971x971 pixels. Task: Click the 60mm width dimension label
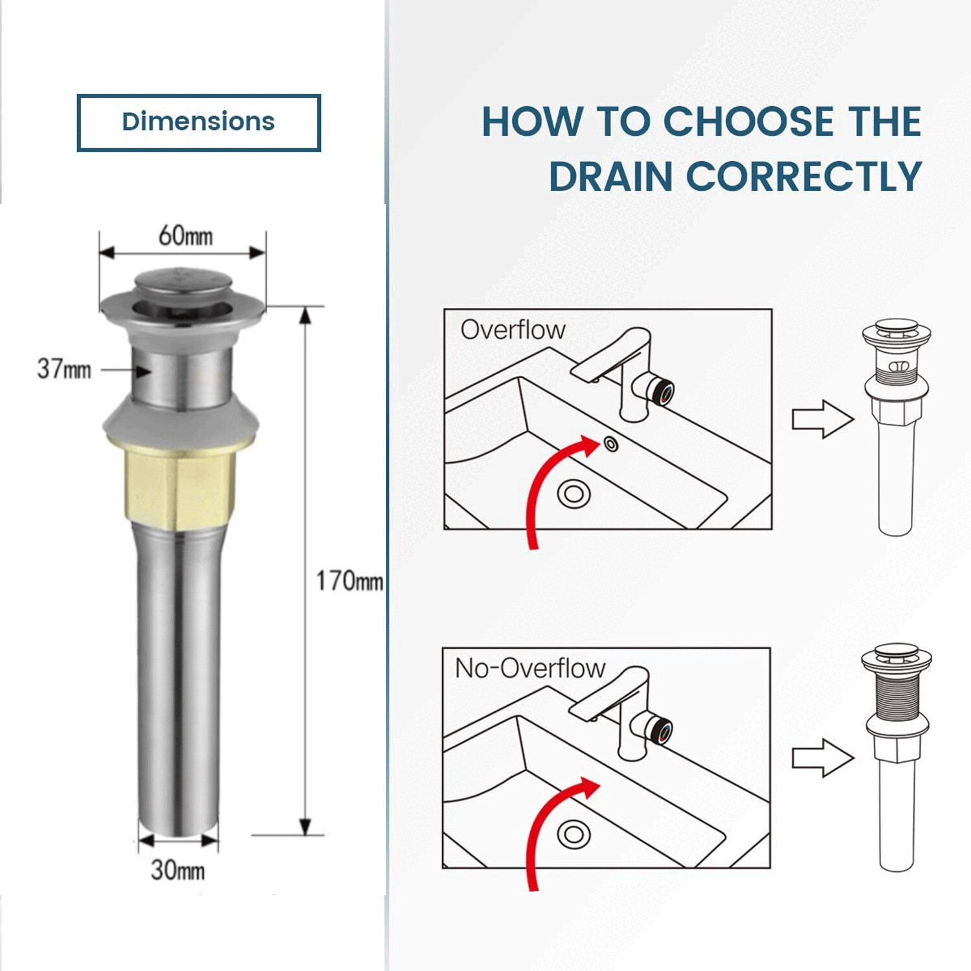185,236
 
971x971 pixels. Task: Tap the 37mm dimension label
63,370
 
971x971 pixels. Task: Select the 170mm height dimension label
349,581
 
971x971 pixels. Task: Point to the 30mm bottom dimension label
177,870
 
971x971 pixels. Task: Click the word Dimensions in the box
198,122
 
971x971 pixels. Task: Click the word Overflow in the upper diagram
513,330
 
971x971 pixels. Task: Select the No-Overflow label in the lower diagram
530,668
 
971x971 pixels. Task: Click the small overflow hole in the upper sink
610,444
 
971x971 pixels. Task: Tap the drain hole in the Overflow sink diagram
574,494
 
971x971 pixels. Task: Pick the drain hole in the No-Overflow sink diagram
574,834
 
